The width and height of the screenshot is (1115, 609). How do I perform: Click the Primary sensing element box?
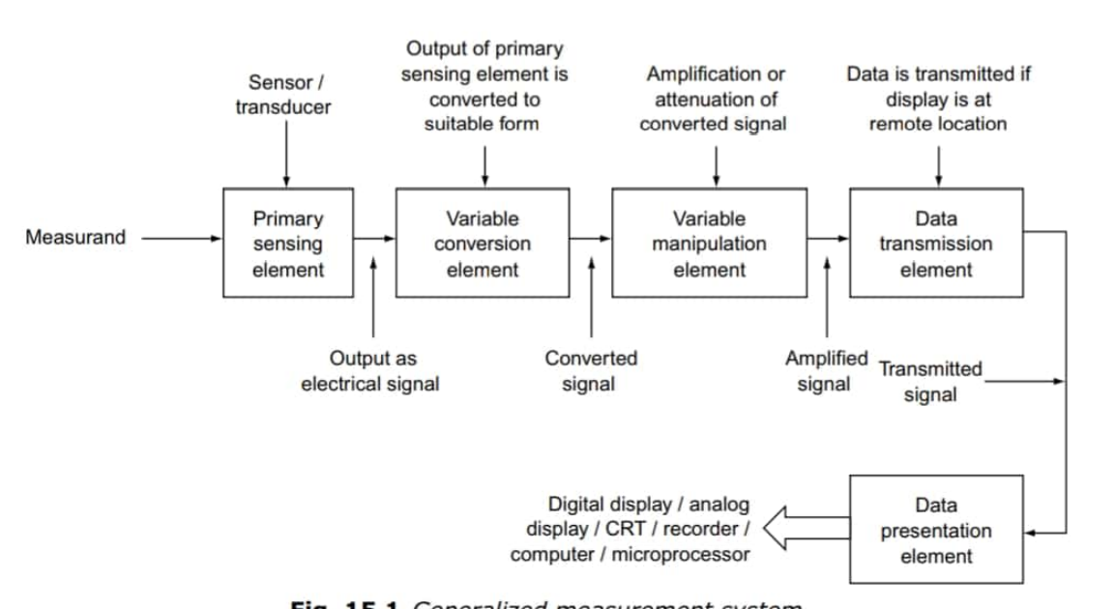coord(287,244)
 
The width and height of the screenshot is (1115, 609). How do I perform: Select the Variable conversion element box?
coord(483,244)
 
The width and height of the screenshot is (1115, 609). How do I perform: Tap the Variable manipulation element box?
coord(709,244)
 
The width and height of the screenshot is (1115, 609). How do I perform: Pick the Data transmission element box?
coord(935,244)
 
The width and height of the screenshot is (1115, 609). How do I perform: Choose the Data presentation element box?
coord(935,531)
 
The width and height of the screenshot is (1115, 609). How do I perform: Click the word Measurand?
coord(75,237)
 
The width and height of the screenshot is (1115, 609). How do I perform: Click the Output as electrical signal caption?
coord(370,371)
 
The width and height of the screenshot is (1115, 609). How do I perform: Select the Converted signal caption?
coord(591,371)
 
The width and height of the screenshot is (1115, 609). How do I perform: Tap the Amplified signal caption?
coord(825,370)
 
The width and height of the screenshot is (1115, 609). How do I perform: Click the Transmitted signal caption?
coord(929,382)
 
